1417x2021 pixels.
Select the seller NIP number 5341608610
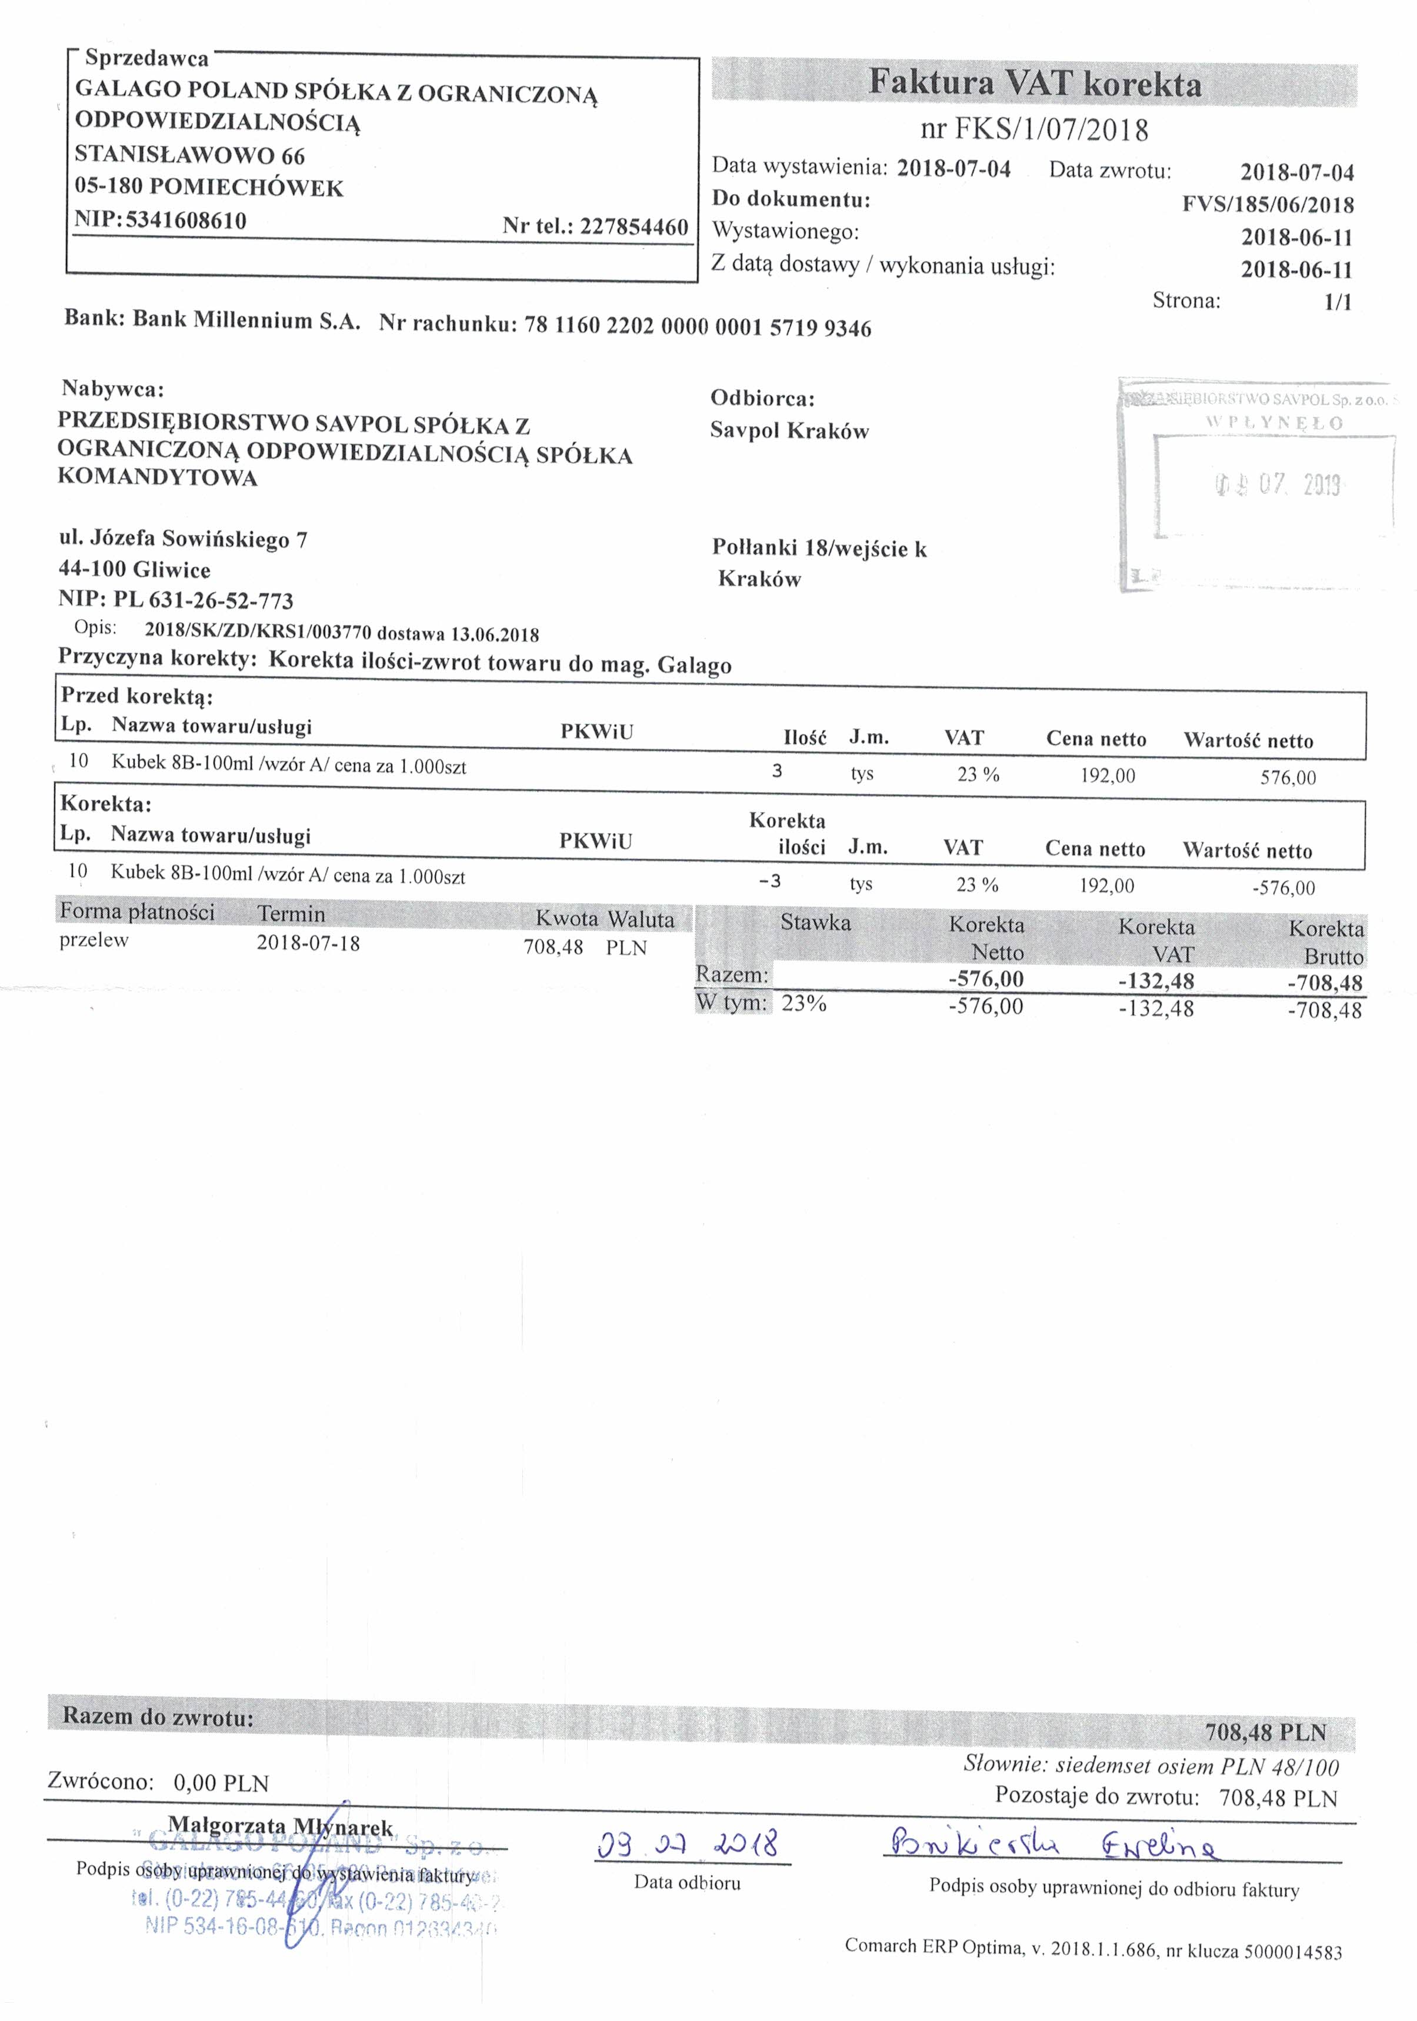pos(186,220)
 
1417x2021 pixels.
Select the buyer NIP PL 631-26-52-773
pos(202,600)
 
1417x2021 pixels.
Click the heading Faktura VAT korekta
pos(1035,83)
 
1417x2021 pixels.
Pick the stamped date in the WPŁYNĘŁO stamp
pos(1278,484)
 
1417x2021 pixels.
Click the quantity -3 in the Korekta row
pos(770,881)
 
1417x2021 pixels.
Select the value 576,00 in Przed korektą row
pos(1288,777)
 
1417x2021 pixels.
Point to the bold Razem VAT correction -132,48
pos(1155,981)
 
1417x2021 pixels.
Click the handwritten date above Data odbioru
pos(687,1843)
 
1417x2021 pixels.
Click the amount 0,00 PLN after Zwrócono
pos(221,1783)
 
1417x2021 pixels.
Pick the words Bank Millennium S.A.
pos(246,320)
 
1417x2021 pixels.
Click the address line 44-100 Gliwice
pos(135,570)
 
